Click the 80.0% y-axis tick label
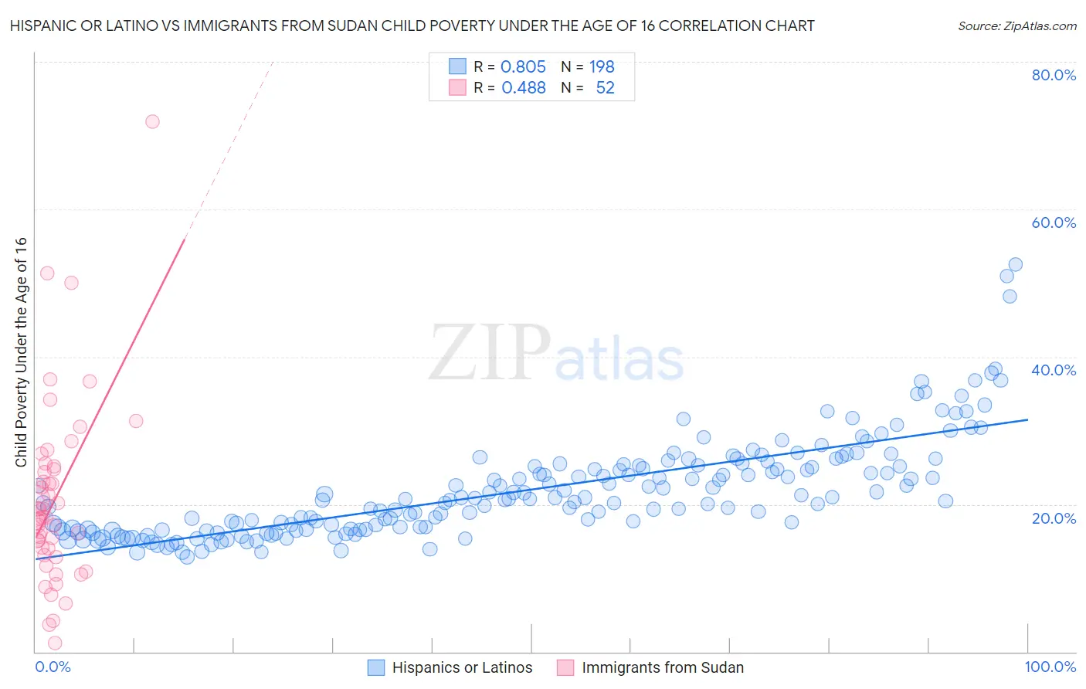click(1054, 75)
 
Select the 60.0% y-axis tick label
click(1054, 222)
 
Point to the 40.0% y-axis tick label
click(1054, 370)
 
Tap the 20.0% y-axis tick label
click(1054, 518)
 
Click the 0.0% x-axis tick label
click(53, 667)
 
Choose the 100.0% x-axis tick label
click(1050, 667)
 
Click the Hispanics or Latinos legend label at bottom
click(462, 667)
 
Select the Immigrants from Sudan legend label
click(662, 667)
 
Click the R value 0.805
click(523, 66)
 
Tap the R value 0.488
click(523, 88)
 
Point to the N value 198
click(602, 66)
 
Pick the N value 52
click(605, 88)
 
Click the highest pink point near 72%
click(152, 121)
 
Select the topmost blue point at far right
click(1016, 264)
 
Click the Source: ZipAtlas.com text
click(1016, 26)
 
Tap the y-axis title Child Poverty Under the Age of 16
click(22, 351)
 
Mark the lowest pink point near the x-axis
click(55, 643)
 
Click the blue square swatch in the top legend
click(458, 66)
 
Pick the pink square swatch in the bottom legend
click(565, 667)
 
